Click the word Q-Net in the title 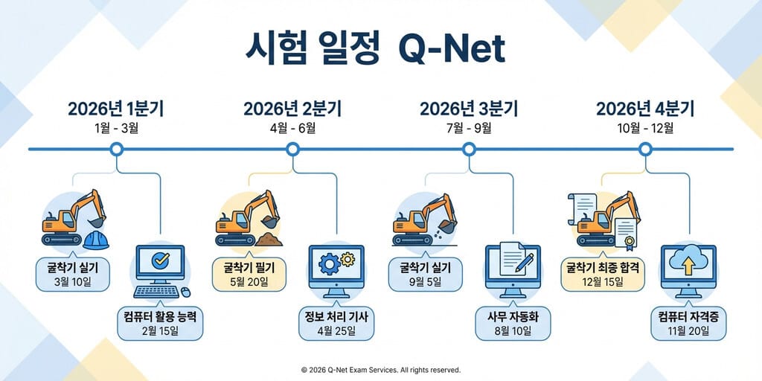coord(452,50)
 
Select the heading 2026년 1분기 coord(115,109)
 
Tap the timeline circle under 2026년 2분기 coord(292,150)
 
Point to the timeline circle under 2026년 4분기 coord(646,150)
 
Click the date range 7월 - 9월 coord(469,128)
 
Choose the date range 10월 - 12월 coord(645,128)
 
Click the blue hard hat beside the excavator coord(97,239)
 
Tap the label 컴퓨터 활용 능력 coord(161,318)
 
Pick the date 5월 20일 coord(249,281)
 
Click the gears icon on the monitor coord(336,263)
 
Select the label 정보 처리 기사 coord(336,318)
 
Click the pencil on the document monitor coord(523,260)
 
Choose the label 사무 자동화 coord(513,318)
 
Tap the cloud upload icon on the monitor coord(688,262)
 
